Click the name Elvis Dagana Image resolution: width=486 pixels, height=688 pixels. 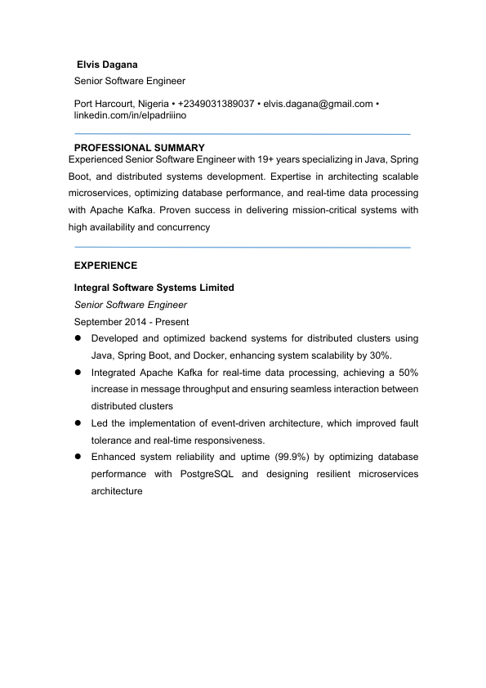pyautogui.click(x=107, y=64)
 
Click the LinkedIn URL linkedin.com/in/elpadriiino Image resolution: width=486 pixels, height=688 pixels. pyautogui.click(x=130, y=115)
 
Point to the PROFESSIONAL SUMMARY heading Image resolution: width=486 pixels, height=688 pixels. pyautogui.click(x=139, y=148)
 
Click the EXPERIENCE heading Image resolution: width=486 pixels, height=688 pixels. pyautogui.click(x=105, y=266)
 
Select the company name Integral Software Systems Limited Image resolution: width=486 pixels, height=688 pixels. pyautogui.click(x=154, y=288)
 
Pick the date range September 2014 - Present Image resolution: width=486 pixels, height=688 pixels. pyautogui.click(x=131, y=322)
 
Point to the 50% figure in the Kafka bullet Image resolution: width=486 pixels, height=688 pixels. pyautogui.click(x=406, y=372)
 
